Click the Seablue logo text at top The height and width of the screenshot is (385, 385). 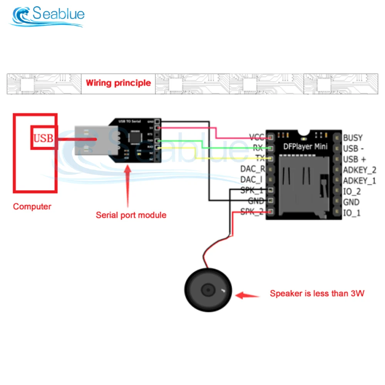point(58,15)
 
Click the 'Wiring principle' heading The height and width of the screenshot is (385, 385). point(118,83)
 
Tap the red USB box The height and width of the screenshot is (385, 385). point(44,137)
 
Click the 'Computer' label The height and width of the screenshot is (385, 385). point(32,206)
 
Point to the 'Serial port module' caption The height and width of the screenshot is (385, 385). point(131,215)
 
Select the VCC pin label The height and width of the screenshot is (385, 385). point(256,137)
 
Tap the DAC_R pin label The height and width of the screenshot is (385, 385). point(253,169)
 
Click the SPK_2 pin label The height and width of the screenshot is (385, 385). point(252,211)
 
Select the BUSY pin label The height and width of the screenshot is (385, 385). point(353,137)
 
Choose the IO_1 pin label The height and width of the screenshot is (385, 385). point(352,213)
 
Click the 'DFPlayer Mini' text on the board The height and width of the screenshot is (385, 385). point(306,146)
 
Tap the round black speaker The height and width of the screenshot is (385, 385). point(208,290)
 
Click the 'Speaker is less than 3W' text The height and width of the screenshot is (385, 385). point(317,293)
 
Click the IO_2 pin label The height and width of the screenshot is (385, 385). point(352,191)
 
